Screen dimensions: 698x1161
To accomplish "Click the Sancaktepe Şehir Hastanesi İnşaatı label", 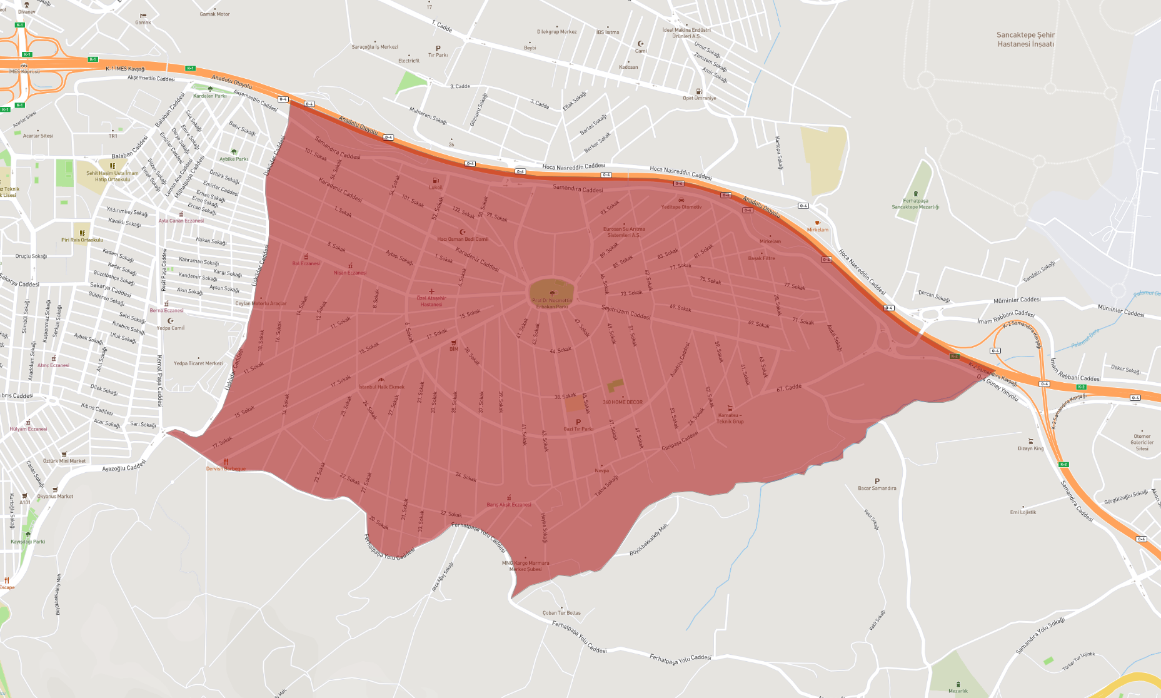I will [1025, 39].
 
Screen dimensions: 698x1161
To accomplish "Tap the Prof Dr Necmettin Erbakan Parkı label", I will [551, 303].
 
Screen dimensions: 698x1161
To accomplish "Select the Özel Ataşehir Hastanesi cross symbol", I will [431, 291].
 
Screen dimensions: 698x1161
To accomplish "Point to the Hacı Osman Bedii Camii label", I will [463, 239].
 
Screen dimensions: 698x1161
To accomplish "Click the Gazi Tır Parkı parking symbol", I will [578, 422].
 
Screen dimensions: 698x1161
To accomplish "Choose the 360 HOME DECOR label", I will [623, 402].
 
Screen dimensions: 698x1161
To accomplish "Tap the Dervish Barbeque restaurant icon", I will [226, 462].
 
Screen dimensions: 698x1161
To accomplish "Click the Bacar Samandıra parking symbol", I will [877, 481].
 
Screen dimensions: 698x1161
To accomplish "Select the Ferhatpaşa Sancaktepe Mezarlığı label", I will [915, 204].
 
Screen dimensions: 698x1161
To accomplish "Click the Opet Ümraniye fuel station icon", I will [699, 91].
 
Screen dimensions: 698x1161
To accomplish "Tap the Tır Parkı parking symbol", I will [438, 48].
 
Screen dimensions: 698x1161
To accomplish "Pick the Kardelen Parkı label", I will [210, 96].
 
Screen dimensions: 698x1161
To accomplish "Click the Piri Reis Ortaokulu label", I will [82, 240].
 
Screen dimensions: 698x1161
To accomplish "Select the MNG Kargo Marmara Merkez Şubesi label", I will [525, 566].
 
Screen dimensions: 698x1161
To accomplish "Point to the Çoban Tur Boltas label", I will [561, 613].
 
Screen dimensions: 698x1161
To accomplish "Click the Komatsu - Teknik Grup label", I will [730, 418].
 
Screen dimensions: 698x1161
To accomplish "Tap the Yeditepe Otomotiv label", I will [681, 207].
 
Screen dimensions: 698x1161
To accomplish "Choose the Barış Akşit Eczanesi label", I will [509, 505].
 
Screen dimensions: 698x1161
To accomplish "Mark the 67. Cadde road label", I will [789, 388].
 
